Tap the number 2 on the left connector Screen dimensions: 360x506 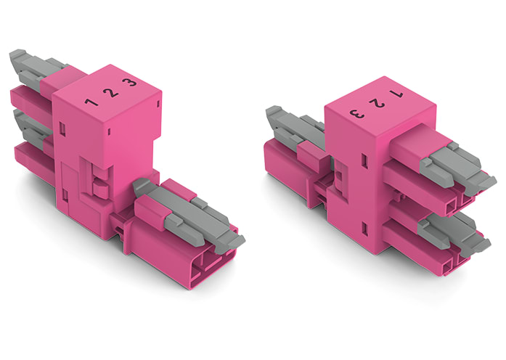110,92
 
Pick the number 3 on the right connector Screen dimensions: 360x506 356,113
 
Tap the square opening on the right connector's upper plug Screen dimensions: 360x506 450,205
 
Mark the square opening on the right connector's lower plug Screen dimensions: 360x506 450,263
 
